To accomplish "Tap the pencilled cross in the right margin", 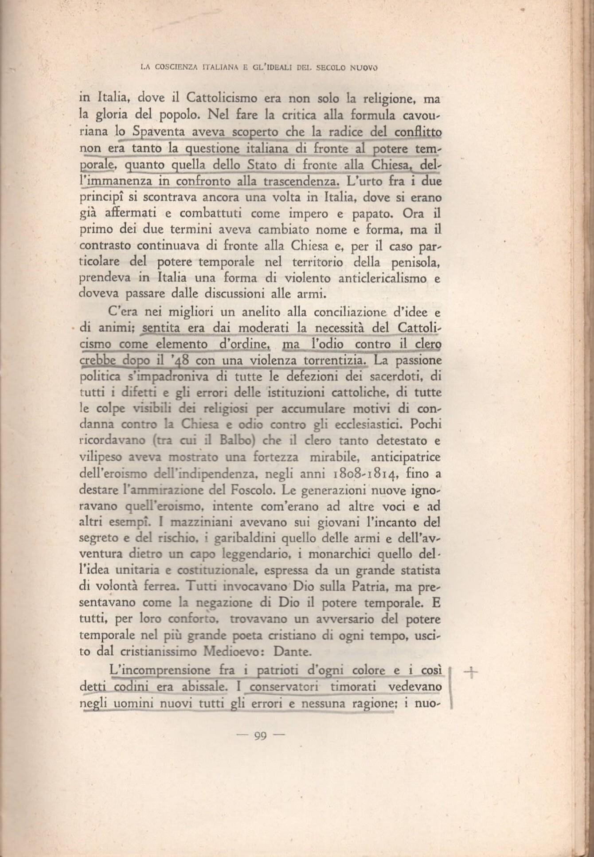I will pos(470,673).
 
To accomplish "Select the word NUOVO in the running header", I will pos(363,68).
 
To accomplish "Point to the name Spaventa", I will pos(160,133).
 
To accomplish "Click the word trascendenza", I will pos(301,181).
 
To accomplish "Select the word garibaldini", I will pos(241,539).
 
